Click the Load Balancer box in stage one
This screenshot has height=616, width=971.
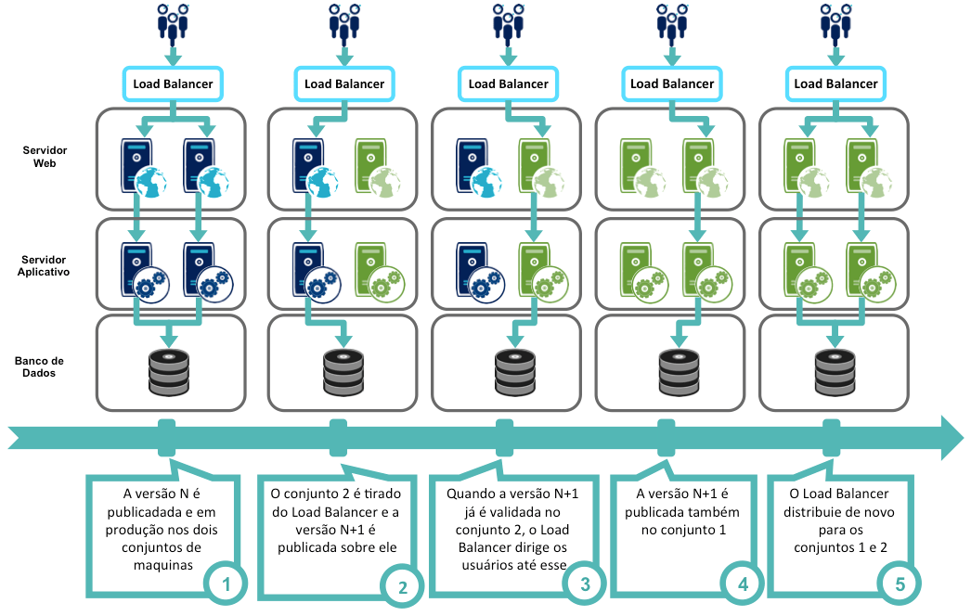(173, 83)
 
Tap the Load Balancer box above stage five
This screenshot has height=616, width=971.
(835, 83)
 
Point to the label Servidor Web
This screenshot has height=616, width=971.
(45, 157)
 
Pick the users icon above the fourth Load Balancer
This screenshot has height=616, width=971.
(672, 22)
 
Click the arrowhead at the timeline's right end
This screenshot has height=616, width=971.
(951, 437)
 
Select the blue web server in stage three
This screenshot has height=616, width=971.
(478, 166)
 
